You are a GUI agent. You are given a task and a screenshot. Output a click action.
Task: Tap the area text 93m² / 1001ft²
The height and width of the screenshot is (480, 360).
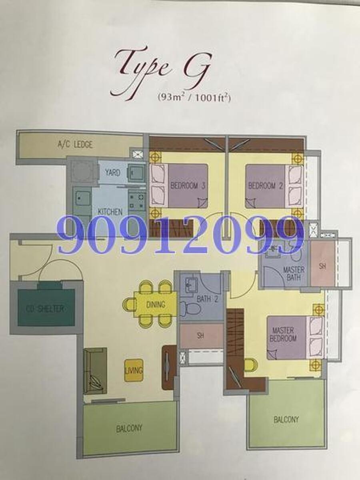[194, 98]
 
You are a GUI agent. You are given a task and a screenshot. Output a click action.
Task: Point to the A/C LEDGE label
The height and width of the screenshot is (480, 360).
[75, 144]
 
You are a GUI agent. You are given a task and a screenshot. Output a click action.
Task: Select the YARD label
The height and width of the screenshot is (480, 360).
[112, 173]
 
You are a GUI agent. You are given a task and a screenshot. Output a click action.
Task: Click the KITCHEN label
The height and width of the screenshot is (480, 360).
[110, 211]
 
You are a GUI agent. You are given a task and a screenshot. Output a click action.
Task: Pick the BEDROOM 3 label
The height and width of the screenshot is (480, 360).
[188, 185]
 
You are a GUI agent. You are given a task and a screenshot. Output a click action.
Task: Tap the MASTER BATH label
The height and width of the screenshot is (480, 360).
[293, 274]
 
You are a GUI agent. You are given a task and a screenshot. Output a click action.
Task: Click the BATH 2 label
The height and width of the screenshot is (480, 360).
[207, 299]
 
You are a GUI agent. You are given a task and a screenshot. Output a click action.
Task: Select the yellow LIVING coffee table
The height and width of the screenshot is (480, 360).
[134, 370]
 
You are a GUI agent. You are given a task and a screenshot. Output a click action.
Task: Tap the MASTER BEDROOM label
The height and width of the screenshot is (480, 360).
[284, 334]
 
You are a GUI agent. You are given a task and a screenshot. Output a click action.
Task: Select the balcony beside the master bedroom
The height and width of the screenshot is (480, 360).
[286, 419]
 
